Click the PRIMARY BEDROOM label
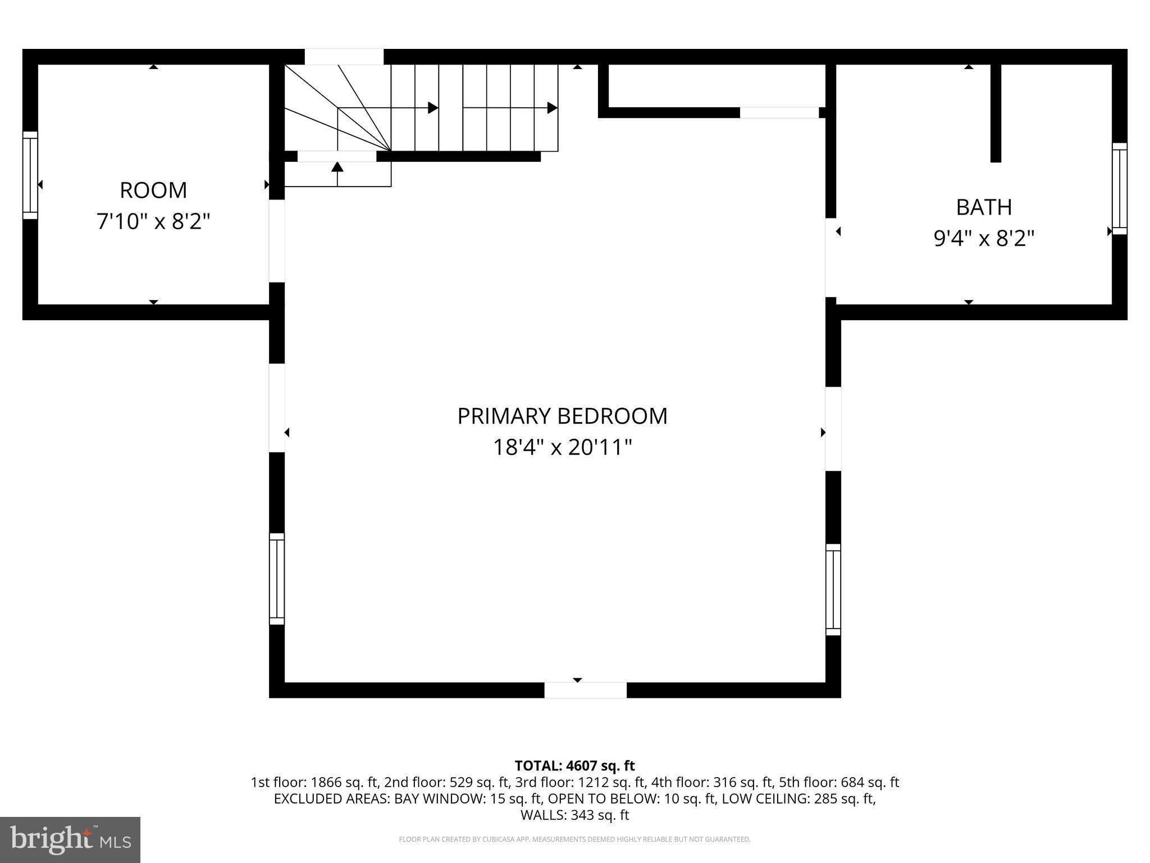tap(562, 416)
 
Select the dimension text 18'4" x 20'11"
tap(562, 448)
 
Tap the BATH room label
tap(984, 207)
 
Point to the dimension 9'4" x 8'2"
tap(984, 239)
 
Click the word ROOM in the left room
tap(153, 190)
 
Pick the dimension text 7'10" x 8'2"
tap(153, 222)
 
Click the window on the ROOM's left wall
tap(30, 175)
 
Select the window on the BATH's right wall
tap(1119, 188)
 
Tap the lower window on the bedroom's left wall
tap(277, 579)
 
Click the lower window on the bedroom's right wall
tap(833, 589)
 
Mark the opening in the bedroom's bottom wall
tap(585, 690)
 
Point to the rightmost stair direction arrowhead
tap(553, 107)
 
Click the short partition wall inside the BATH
tap(996, 112)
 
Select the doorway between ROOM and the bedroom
tap(277, 241)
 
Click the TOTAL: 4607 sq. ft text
tap(574, 766)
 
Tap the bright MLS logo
tap(70, 839)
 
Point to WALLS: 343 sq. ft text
tap(574, 815)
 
